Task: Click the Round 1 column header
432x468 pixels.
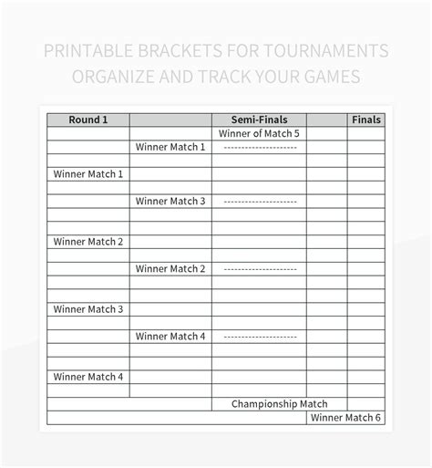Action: [x=88, y=120]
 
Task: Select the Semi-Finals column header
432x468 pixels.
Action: [x=259, y=120]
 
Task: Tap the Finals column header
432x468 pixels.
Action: [x=366, y=120]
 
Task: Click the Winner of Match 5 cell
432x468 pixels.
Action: [x=259, y=133]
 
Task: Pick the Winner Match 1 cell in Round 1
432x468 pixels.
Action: [x=88, y=174]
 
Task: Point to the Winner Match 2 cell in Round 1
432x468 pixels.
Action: [x=88, y=242]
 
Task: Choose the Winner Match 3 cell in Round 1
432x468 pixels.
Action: [x=88, y=309]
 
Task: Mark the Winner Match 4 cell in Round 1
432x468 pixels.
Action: [x=88, y=377]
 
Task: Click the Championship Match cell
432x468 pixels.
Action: [x=279, y=404]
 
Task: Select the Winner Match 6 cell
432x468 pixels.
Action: [x=345, y=418]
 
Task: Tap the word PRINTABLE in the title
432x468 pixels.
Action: [x=88, y=50]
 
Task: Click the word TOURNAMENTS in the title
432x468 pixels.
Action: [x=323, y=50]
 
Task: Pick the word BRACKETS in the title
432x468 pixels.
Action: [x=177, y=50]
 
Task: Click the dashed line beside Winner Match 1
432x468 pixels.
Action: [x=259, y=147]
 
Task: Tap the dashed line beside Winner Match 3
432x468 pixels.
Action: [x=259, y=202]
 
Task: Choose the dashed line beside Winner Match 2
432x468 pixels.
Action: [x=259, y=269]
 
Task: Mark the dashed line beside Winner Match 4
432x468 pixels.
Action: [x=259, y=337]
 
